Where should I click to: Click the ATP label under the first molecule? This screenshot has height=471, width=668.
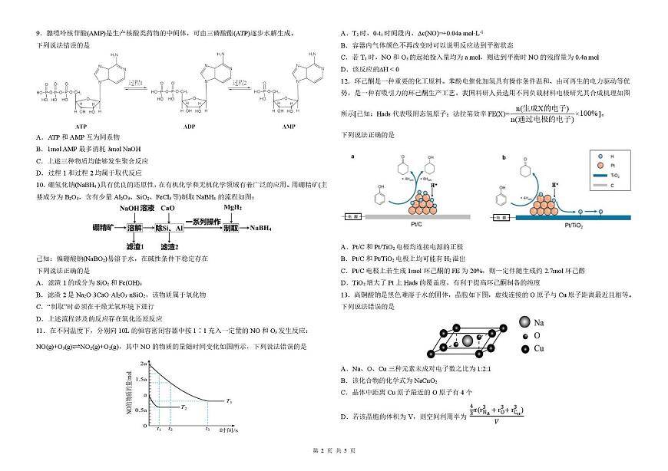click(x=81, y=125)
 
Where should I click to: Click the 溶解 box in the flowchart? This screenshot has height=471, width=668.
click(x=136, y=228)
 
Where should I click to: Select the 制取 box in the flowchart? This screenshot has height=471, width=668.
click(x=230, y=228)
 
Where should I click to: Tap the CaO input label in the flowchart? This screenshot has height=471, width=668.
click(x=168, y=208)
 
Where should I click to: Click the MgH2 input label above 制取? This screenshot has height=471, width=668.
click(x=233, y=207)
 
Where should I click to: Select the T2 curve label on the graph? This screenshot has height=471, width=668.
click(x=184, y=407)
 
